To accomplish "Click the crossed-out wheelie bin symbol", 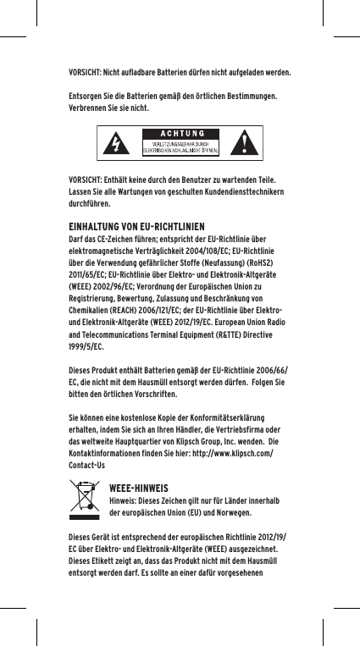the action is click(x=85, y=501).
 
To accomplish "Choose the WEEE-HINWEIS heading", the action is click(x=139, y=489).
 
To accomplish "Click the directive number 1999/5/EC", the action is click(x=86, y=347).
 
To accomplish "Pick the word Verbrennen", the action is click(x=90, y=109).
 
